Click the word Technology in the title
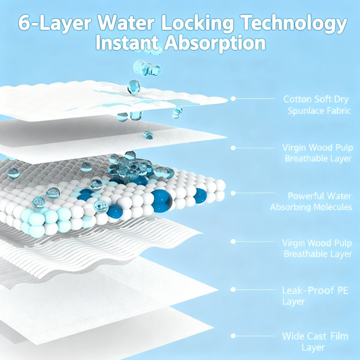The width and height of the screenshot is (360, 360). [294, 23]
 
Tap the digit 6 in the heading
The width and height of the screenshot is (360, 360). [24, 23]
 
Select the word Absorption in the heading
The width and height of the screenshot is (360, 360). [215, 43]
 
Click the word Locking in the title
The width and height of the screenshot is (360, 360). [197, 23]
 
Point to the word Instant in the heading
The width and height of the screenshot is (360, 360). [127, 43]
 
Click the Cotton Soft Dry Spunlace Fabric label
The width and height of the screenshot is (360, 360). [317, 105]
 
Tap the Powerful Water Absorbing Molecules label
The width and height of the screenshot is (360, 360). [311, 201]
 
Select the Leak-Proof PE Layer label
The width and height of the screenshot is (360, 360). [315, 296]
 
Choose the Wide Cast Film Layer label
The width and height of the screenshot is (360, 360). [315, 342]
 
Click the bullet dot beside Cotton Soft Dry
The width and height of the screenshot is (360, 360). [233, 99]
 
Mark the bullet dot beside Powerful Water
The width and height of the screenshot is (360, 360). [233, 193]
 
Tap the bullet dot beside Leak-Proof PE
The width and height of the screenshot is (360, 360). [233, 290]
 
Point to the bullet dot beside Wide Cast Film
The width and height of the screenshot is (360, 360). [233, 336]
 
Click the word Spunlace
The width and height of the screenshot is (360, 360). [303, 111]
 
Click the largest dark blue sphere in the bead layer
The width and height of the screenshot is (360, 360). [162, 201]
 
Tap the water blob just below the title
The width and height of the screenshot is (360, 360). [147, 68]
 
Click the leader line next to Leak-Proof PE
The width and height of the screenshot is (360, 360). [255, 290]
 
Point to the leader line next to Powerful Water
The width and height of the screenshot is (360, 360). [255, 193]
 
